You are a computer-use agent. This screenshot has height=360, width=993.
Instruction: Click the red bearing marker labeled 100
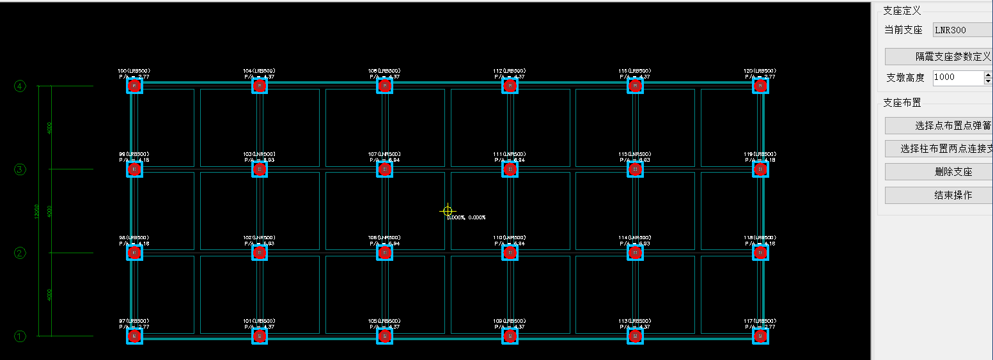coord(134,86)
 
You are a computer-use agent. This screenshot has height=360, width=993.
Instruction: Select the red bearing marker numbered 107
coord(384,169)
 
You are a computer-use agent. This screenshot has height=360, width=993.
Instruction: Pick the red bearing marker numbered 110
coord(510,253)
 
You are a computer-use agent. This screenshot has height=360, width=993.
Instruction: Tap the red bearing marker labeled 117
coord(760,336)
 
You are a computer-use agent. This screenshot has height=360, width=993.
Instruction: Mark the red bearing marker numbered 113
coord(635,336)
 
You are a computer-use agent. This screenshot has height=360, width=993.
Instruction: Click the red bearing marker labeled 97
coord(134,336)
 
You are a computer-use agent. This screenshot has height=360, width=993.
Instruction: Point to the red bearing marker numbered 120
coord(760,86)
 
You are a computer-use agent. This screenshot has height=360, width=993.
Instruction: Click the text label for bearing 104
coord(259,70)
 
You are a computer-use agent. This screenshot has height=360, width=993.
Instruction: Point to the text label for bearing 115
coord(635,154)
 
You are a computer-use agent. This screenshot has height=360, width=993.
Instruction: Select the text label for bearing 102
coord(259,238)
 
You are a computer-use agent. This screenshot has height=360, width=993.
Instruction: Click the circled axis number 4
coord(20,86)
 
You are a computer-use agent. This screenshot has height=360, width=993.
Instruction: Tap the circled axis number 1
coord(20,336)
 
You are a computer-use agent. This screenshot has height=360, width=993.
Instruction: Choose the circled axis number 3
coord(20,169)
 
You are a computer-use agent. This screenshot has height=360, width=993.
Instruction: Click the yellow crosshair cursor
coord(448,211)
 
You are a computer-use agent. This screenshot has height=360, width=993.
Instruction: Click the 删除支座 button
coord(938,172)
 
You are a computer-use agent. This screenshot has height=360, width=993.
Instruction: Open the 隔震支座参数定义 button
coord(938,56)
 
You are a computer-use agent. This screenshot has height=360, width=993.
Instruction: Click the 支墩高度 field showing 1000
coord(957,77)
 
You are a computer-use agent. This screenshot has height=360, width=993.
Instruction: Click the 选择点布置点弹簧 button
coord(938,125)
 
